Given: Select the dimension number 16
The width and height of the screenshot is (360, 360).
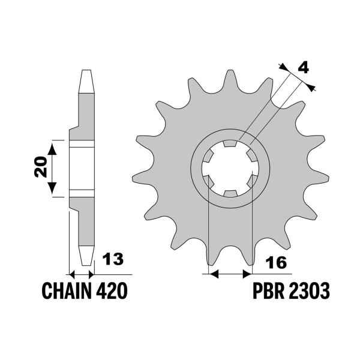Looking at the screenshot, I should (276, 262).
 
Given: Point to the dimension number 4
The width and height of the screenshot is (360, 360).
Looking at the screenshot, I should (304, 67).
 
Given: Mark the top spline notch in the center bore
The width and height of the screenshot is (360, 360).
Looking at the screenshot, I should (229, 144).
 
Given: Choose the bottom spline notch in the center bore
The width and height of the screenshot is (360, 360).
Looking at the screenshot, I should (229, 193).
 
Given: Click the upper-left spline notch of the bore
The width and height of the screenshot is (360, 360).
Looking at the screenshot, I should (208, 157).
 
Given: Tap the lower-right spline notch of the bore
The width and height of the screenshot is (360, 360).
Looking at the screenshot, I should (251, 180).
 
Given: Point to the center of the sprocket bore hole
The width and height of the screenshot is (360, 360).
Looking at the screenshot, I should (229, 169).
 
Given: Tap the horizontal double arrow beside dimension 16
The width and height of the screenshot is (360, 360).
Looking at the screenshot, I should (229, 274).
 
